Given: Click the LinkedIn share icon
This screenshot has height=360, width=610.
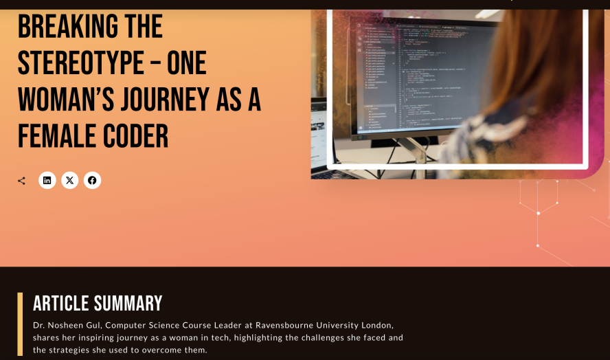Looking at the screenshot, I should coord(47,181).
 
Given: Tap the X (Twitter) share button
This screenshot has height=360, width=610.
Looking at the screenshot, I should coord(69,181).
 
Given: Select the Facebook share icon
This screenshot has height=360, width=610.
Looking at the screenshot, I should coord(92,181).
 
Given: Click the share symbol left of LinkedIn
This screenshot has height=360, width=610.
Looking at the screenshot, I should coord(21,181).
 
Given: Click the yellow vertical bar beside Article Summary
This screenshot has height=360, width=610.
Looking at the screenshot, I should coord(20,324).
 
